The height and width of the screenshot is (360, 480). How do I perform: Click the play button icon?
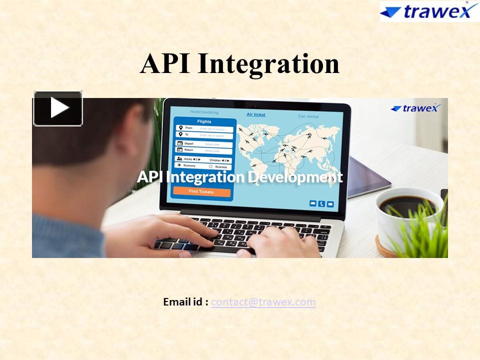pyautogui.click(x=58, y=108)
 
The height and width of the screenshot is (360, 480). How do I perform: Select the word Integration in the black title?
pyautogui.click(x=268, y=64)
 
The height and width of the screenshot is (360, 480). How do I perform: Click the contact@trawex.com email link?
pyautogui.click(x=263, y=302)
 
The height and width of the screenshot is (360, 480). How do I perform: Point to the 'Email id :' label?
pyautogui.click(x=185, y=302)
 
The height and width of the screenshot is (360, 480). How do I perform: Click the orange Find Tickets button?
pyautogui.click(x=201, y=192)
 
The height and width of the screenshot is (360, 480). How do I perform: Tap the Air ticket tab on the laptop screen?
pyautogui.click(x=256, y=114)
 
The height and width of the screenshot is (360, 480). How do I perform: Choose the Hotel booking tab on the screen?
pyautogui.click(x=204, y=112)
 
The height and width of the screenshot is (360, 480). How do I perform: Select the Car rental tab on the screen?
pyautogui.click(x=308, y=116)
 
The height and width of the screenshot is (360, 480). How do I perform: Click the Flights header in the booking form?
pyautogui.click(x=204, y=121)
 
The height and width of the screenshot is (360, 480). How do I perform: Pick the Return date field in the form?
pyautogui.click(x=204, y=150)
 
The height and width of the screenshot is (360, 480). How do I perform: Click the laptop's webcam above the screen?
pyautogui.click(x=256, y=105)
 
